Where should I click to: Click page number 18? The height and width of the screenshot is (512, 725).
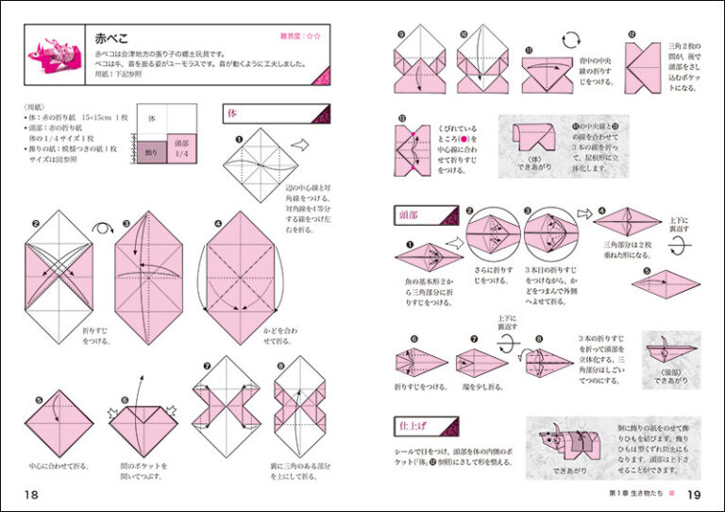click(x=31, y=495)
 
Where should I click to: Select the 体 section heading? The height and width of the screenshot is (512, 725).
click(x=234, y=113)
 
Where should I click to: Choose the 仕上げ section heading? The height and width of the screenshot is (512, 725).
click(x=413, y=426)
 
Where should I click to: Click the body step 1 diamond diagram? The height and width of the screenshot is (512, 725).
click(x=257, y=166)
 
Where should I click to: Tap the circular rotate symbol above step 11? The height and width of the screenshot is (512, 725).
click(x=571, y=40)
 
